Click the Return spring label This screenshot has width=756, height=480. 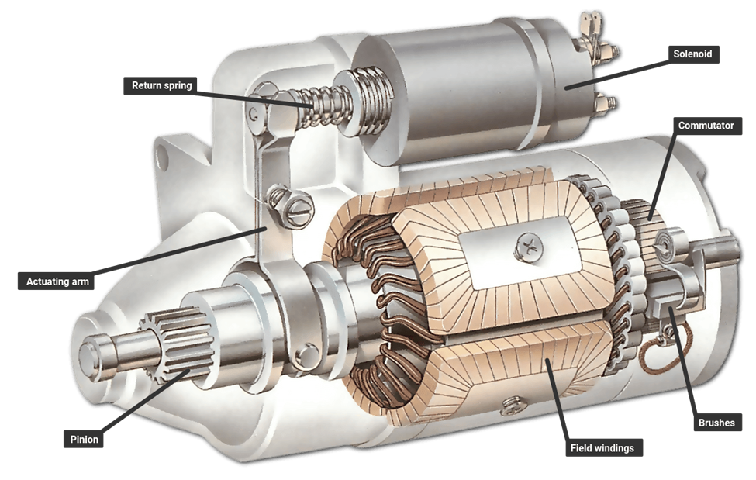click(161, 85)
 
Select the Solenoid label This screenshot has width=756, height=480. click(692, 54)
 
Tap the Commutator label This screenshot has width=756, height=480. click(706, 125)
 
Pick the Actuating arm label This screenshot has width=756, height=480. click(55, 280)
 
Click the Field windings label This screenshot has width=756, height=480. click(602, 447)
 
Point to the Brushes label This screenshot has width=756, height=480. click(716, 423)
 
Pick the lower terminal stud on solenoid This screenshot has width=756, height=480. click(606, 102)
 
